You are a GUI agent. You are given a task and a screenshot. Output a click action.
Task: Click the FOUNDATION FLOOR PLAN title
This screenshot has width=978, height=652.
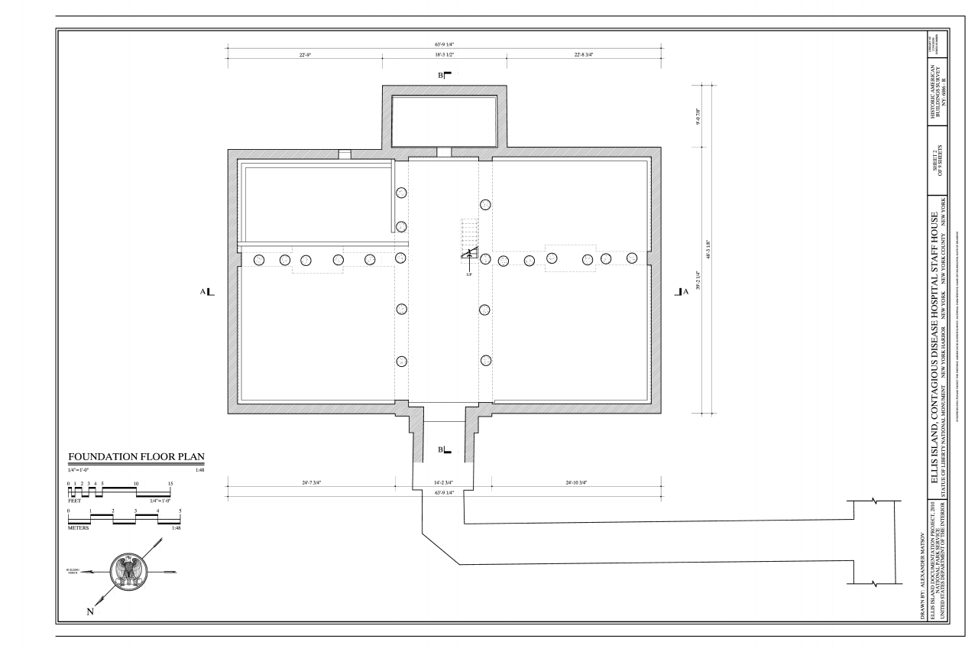(x=136, y=458)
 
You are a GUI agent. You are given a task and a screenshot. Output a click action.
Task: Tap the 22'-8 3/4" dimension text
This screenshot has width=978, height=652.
(x=583, y=54)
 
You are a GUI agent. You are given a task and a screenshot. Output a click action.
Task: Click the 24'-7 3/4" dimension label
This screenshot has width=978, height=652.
(x=313, y=483)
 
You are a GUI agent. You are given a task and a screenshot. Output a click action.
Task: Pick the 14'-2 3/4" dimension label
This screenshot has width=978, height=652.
(x=443, y=483)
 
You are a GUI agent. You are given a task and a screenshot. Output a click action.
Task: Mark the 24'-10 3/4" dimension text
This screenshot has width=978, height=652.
(x=578, y=483)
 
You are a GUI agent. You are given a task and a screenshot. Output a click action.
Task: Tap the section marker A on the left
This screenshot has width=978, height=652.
(x=207, y=291)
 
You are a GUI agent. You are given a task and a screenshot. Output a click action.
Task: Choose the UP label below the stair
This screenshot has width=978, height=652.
(x=468, y=274)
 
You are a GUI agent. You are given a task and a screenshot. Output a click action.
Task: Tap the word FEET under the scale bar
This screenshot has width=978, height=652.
(x=74, y=501)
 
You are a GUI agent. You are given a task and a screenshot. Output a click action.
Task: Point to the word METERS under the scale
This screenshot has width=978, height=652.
(x=78, y=527)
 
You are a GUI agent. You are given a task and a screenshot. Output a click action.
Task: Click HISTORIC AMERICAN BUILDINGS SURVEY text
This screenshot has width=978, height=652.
(x=940, y=86)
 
